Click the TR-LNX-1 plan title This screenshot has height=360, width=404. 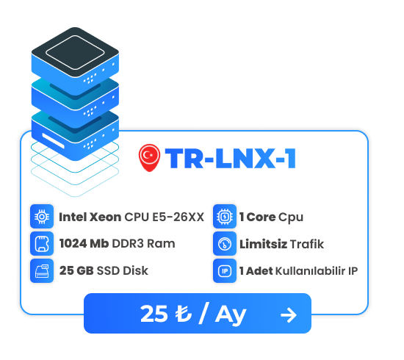point(231,159)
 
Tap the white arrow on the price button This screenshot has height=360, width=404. point(289,315)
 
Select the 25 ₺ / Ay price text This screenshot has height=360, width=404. point(193,314)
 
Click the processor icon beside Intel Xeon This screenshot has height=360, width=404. point(42,217)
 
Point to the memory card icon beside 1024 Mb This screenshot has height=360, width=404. point(42,243)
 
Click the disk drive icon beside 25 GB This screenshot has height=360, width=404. point(42,271)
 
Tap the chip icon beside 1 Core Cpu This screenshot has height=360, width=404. point(225,217)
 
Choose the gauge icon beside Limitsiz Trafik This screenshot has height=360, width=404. point(225,243)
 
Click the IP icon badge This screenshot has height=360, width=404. point(225,271)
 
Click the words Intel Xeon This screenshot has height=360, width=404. point(90,217)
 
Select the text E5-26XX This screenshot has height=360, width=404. point(178,217)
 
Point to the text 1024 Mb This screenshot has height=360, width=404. point(84,243)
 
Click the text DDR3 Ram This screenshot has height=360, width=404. point(144,243)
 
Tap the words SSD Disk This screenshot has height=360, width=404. point(123,270)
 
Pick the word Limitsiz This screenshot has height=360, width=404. point(263,244)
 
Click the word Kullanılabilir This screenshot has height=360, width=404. point(311,271)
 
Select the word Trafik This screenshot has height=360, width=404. point(307,244)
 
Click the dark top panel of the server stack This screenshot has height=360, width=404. point(75,52)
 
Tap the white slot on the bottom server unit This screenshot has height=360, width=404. point(53,141)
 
